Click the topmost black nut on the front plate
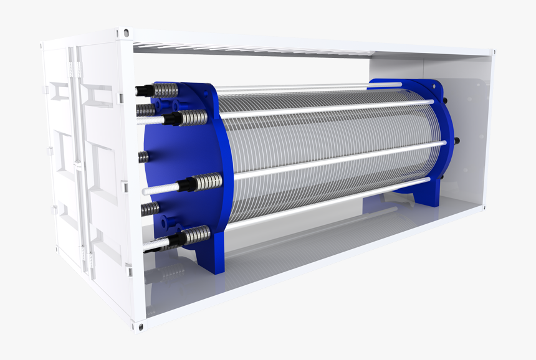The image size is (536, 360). pyautogui.click(x=142, y=91)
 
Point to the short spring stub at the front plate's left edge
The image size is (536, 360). pyautogui.click(x=144, y=156)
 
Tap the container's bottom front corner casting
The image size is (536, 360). pyautogui.click(x=138, y=326)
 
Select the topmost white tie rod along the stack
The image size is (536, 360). pyautogui.click(x=324, y=111)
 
